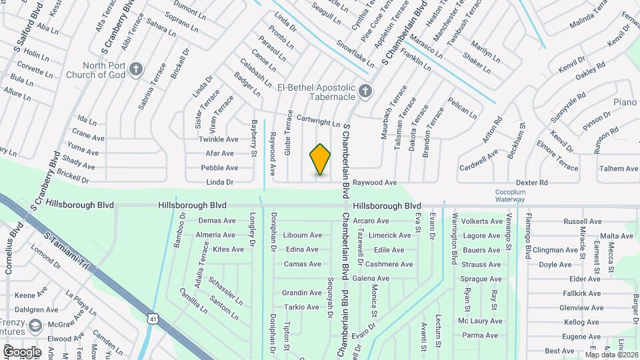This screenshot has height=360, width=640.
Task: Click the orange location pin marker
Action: click(x=320, y=159)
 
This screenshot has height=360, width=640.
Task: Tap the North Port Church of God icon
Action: click(x=136, y=69)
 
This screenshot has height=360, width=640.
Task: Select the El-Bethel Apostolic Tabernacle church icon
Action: click(x=365, y=90)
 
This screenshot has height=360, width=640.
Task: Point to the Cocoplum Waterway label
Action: click(x=510, y=195)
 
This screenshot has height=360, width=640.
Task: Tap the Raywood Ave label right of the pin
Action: click(x=375, y=182)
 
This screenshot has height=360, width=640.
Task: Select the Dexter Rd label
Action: click(x=534, y=182)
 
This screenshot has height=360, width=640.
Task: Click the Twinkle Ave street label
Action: click(x=219, y=139)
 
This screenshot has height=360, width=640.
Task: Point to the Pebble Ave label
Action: click(x=219, y=167)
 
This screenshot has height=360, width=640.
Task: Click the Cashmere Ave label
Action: click(x=390, y=264)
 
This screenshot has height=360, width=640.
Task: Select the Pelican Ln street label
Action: click(x=463, y=108)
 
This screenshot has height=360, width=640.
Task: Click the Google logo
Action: click(x=22, y=351)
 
